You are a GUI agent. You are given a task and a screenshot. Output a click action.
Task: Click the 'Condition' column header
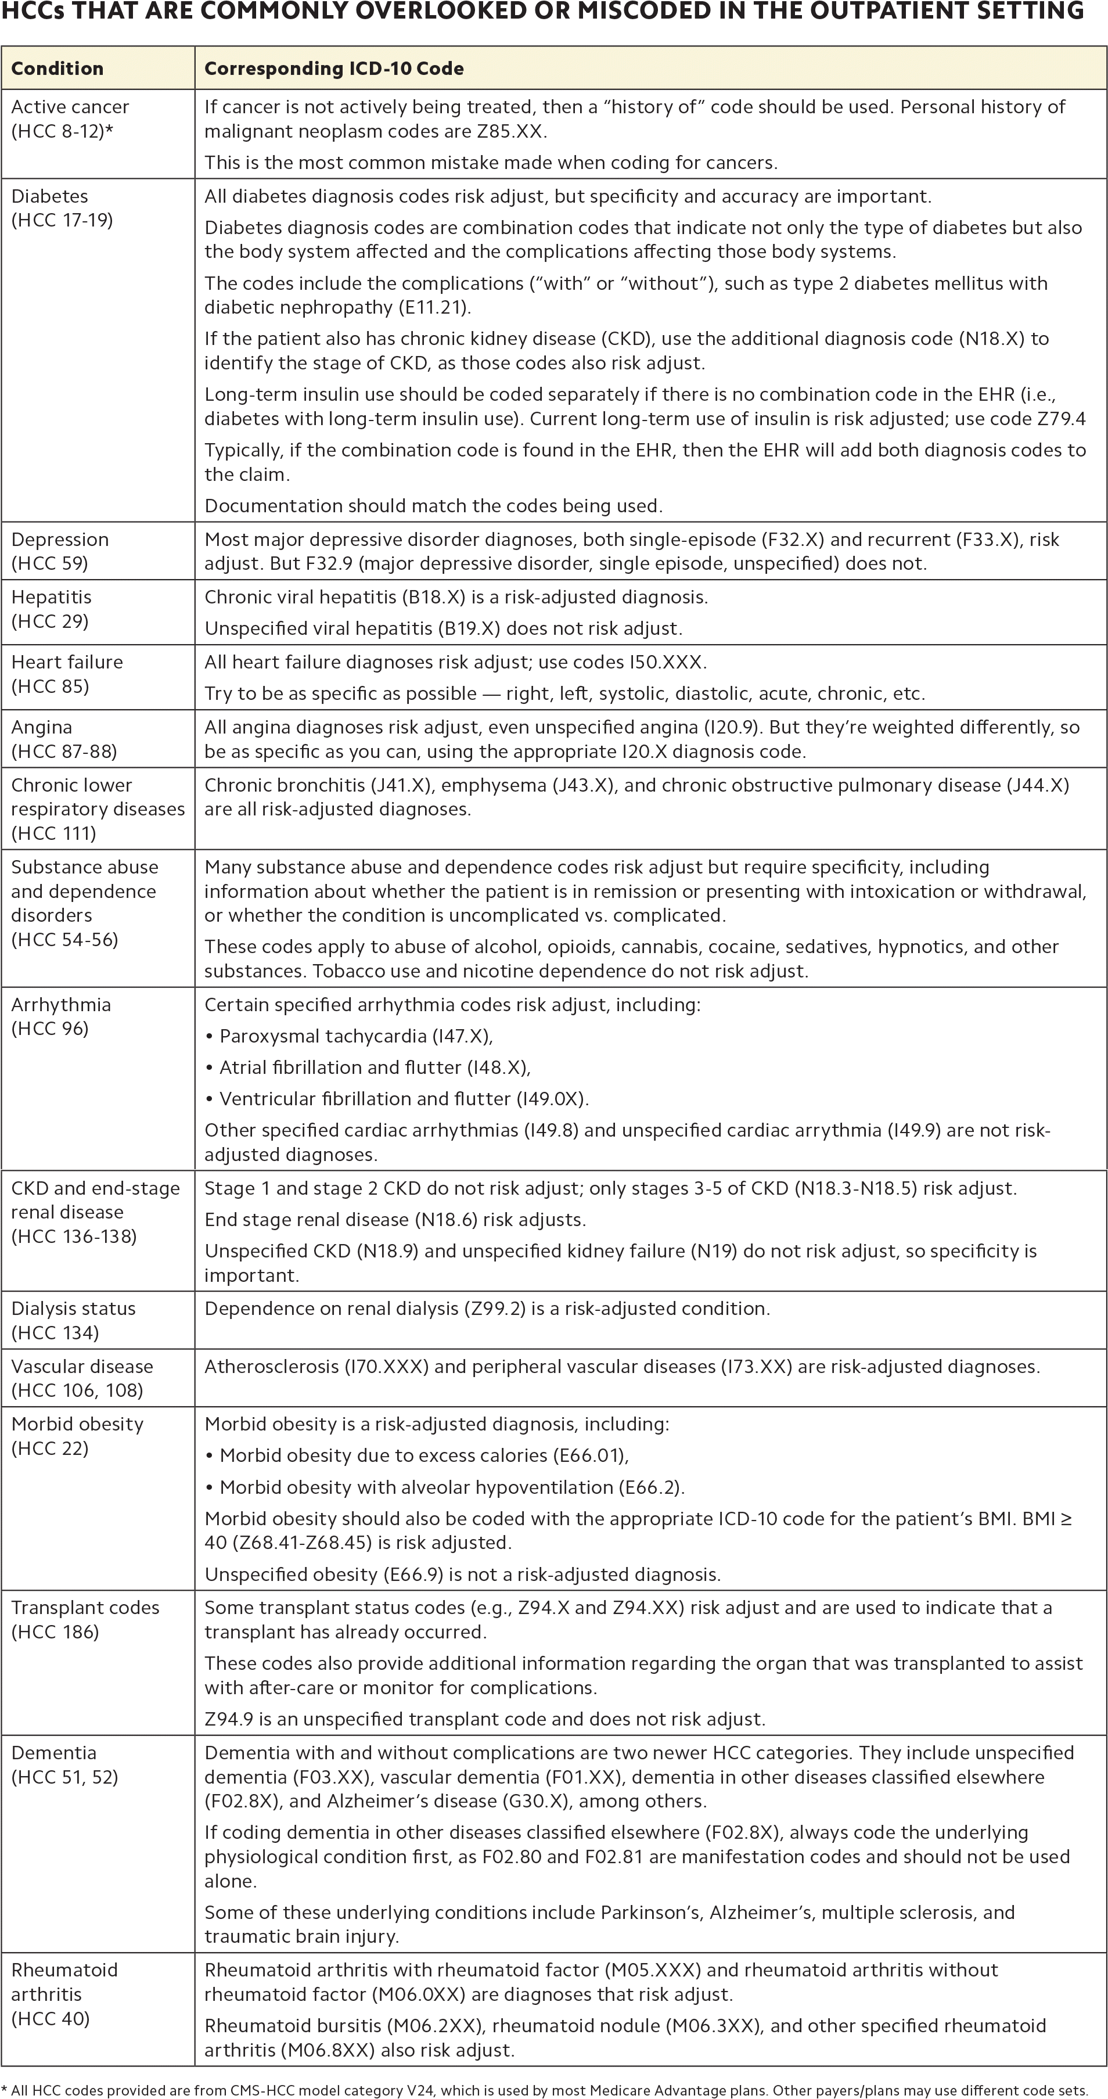[x=57, y=69]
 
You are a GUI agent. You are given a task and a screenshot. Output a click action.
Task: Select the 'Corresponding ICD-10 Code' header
[x=334, y=69]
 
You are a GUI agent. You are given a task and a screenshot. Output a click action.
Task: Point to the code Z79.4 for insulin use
[x=1057, y=419]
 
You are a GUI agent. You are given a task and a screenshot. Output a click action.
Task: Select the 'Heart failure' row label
[x=67, y=662]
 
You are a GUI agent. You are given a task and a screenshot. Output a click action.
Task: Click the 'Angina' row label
[x=42, y=727]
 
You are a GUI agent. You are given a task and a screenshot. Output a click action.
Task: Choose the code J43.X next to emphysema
[x=584, y=785]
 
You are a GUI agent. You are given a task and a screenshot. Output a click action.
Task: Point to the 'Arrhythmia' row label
[x=61, y=1005]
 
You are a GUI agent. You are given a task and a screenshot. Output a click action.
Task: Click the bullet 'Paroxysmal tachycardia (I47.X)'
[x=356, y=1036]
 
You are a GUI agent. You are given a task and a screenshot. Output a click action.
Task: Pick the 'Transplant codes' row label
[x=85, y=1608]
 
